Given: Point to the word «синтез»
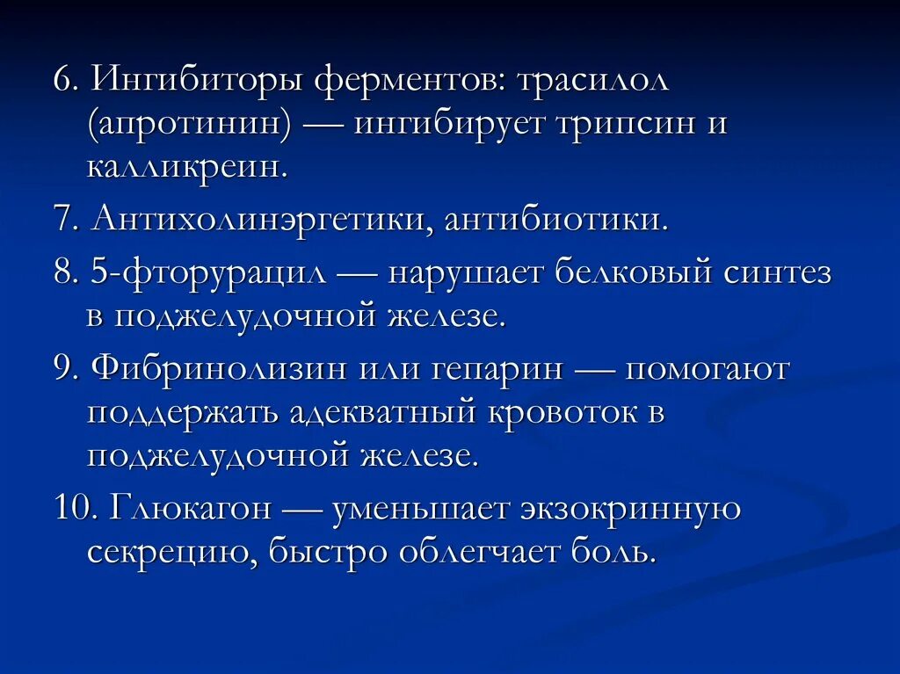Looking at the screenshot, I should click(778, 272).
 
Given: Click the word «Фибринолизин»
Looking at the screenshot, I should click(217, 368).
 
